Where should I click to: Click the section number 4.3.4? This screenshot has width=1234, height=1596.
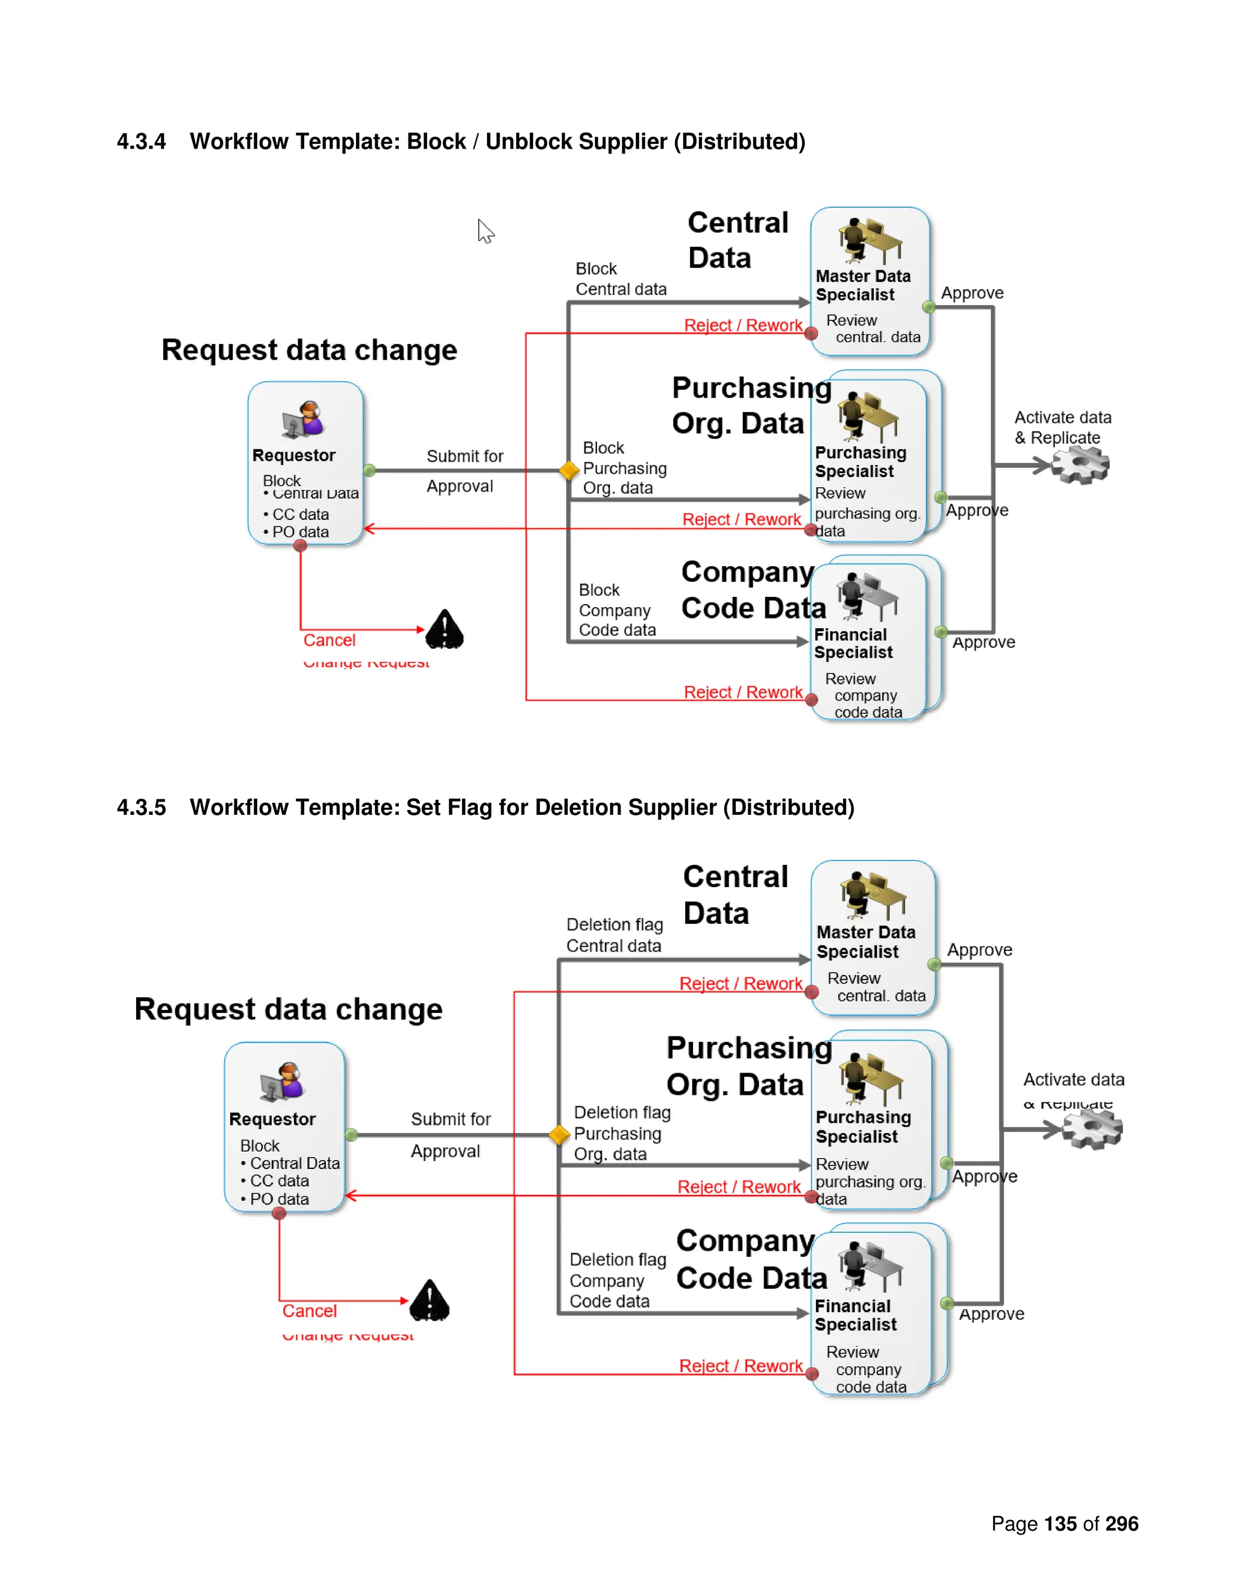click(x=141, y=141)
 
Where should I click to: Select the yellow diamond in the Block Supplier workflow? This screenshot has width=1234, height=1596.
click(x=568, y=470)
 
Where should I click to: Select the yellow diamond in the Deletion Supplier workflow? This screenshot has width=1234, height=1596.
click(x=559, y=1134)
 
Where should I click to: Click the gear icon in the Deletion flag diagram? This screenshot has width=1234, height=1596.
click(x=1092, y=1129)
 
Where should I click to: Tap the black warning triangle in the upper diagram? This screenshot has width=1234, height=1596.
click(x=445, y=629)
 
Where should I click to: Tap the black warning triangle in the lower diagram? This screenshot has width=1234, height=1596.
click(x=429, y=1300)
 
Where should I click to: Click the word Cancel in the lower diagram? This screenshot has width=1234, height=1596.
click(x=309, y=1311)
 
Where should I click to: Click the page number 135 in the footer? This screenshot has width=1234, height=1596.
click(x=1060, y=1524)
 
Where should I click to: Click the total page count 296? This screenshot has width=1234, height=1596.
click(x=1121, y=1524)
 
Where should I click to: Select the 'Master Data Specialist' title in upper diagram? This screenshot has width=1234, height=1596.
click(x=863, y=285)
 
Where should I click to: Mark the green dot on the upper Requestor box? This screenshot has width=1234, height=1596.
click(x=369, y=470)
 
